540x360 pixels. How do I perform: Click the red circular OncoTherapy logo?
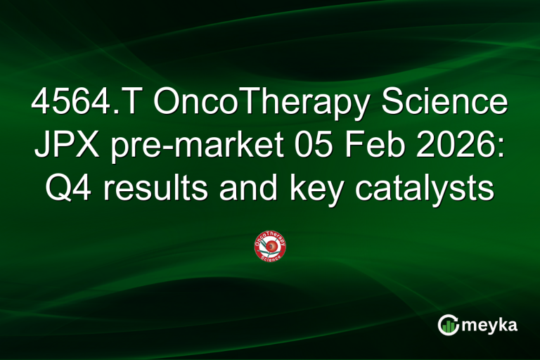(x=269, y=247)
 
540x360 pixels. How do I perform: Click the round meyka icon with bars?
(x=449, y=324)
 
